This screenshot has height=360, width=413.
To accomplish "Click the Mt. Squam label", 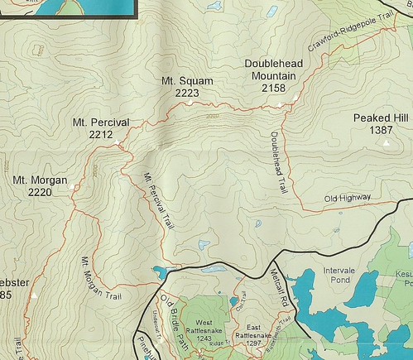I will pyautogui.click(x=188, y=81).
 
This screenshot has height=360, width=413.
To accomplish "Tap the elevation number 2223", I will pyautogui.click(x=188, y=94).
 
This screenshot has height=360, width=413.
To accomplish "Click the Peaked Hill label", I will pyautogui.click(x=381, y=118).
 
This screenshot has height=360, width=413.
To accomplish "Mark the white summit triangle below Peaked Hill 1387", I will pyautogui.click(x=385, y=142).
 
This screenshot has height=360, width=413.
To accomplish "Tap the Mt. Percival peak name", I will pyautogui.click(x=100, y=122).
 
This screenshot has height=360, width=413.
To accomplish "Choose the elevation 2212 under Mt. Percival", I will pyautogui.click(x=100, y=135).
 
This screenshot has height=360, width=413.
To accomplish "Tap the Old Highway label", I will pyautogui.click(x=347, y=198).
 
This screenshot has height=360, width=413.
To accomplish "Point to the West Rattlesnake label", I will pyautogui.click(x=205, y=327).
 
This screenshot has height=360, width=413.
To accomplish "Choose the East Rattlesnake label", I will pyautogui.click(x=252, y=329).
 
